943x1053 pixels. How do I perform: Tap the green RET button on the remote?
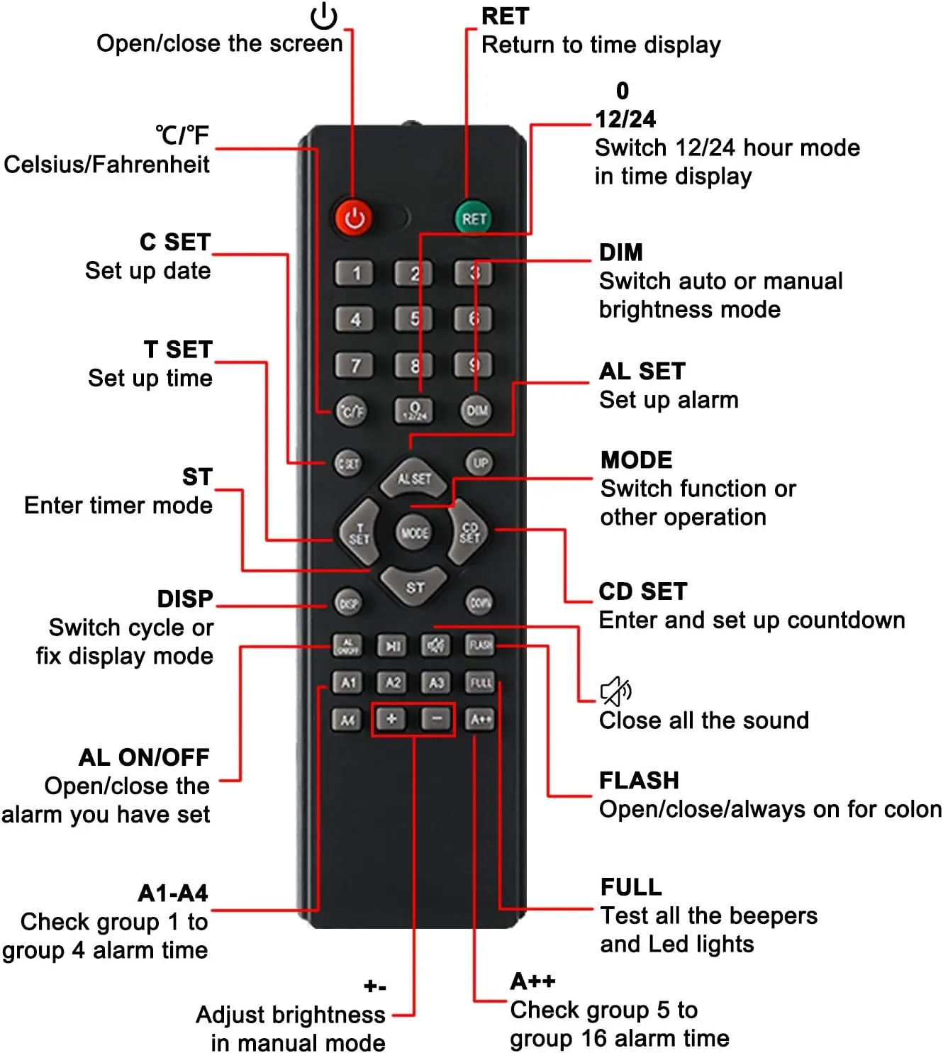(473, 218)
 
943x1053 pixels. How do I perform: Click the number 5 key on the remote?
(414, 318)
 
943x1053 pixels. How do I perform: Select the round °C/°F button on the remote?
(351, 411)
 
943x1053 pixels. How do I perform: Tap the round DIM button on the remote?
(476, 411)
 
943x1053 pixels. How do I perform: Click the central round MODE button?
(414, 532)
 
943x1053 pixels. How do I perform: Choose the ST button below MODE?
(415, 586)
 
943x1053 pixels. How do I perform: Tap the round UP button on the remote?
(480, 463)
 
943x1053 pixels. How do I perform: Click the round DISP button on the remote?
(347, 603)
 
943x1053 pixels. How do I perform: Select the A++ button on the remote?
(480, 719)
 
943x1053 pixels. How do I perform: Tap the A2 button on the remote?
(392, 682)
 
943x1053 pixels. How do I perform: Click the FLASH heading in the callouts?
(639, 780)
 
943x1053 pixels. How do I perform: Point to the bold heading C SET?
(175, 242)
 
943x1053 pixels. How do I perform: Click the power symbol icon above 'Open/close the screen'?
(324, 16)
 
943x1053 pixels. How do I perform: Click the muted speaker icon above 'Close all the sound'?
(615, 691)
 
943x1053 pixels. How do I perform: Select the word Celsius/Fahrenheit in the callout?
(107, 165)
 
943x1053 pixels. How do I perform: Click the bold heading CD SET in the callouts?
(643, 591)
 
